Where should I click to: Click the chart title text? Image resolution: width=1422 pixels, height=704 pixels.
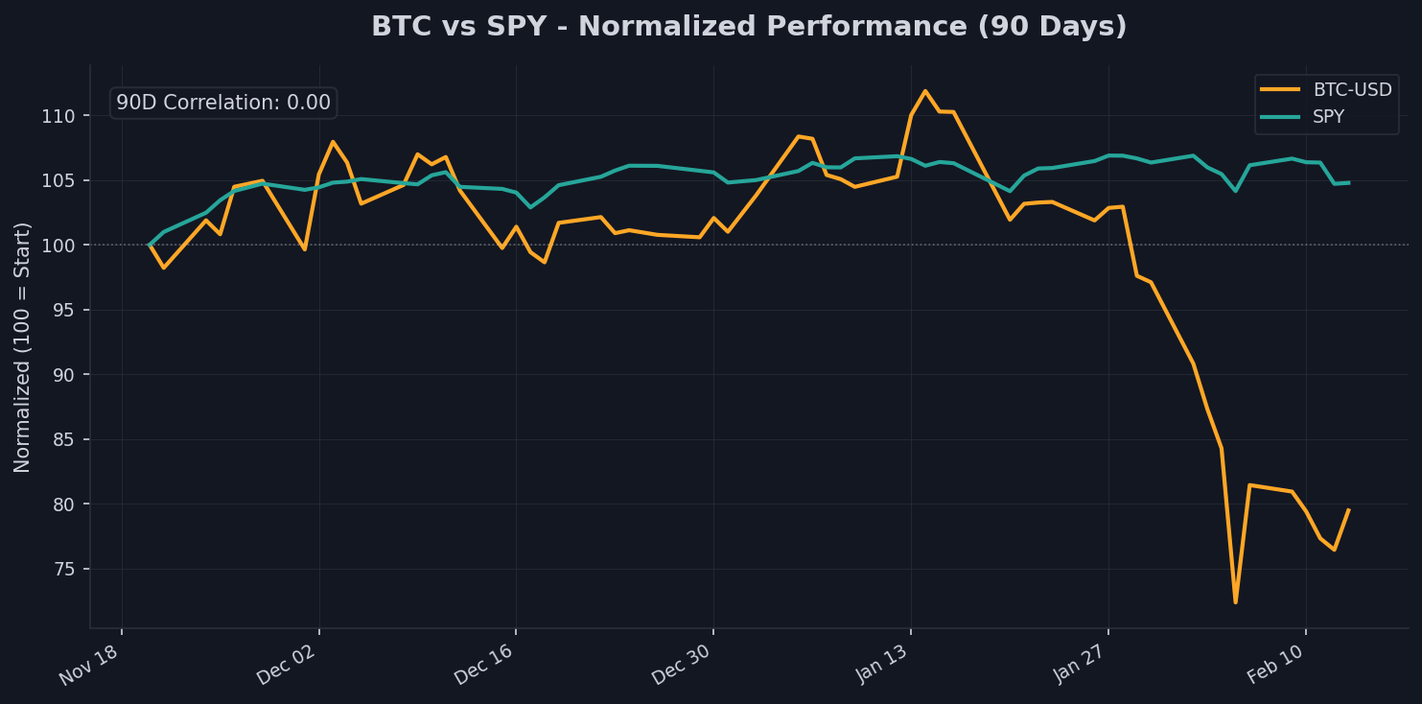749,27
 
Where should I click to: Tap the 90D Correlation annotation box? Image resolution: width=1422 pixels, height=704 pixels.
223,103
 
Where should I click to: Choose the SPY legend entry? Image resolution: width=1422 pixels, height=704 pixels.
1328,117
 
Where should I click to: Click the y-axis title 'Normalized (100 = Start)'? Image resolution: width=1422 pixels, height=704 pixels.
23,346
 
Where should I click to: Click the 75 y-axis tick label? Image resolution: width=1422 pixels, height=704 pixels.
66,570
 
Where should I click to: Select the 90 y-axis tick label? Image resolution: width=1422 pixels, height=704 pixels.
66,375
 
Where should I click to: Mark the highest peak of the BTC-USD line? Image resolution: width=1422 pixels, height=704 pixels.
924,91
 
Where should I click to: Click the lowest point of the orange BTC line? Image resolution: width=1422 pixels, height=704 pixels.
1235,602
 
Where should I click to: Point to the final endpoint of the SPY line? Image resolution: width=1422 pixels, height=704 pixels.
1348,182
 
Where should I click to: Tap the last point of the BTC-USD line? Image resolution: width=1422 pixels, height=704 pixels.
1348,510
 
